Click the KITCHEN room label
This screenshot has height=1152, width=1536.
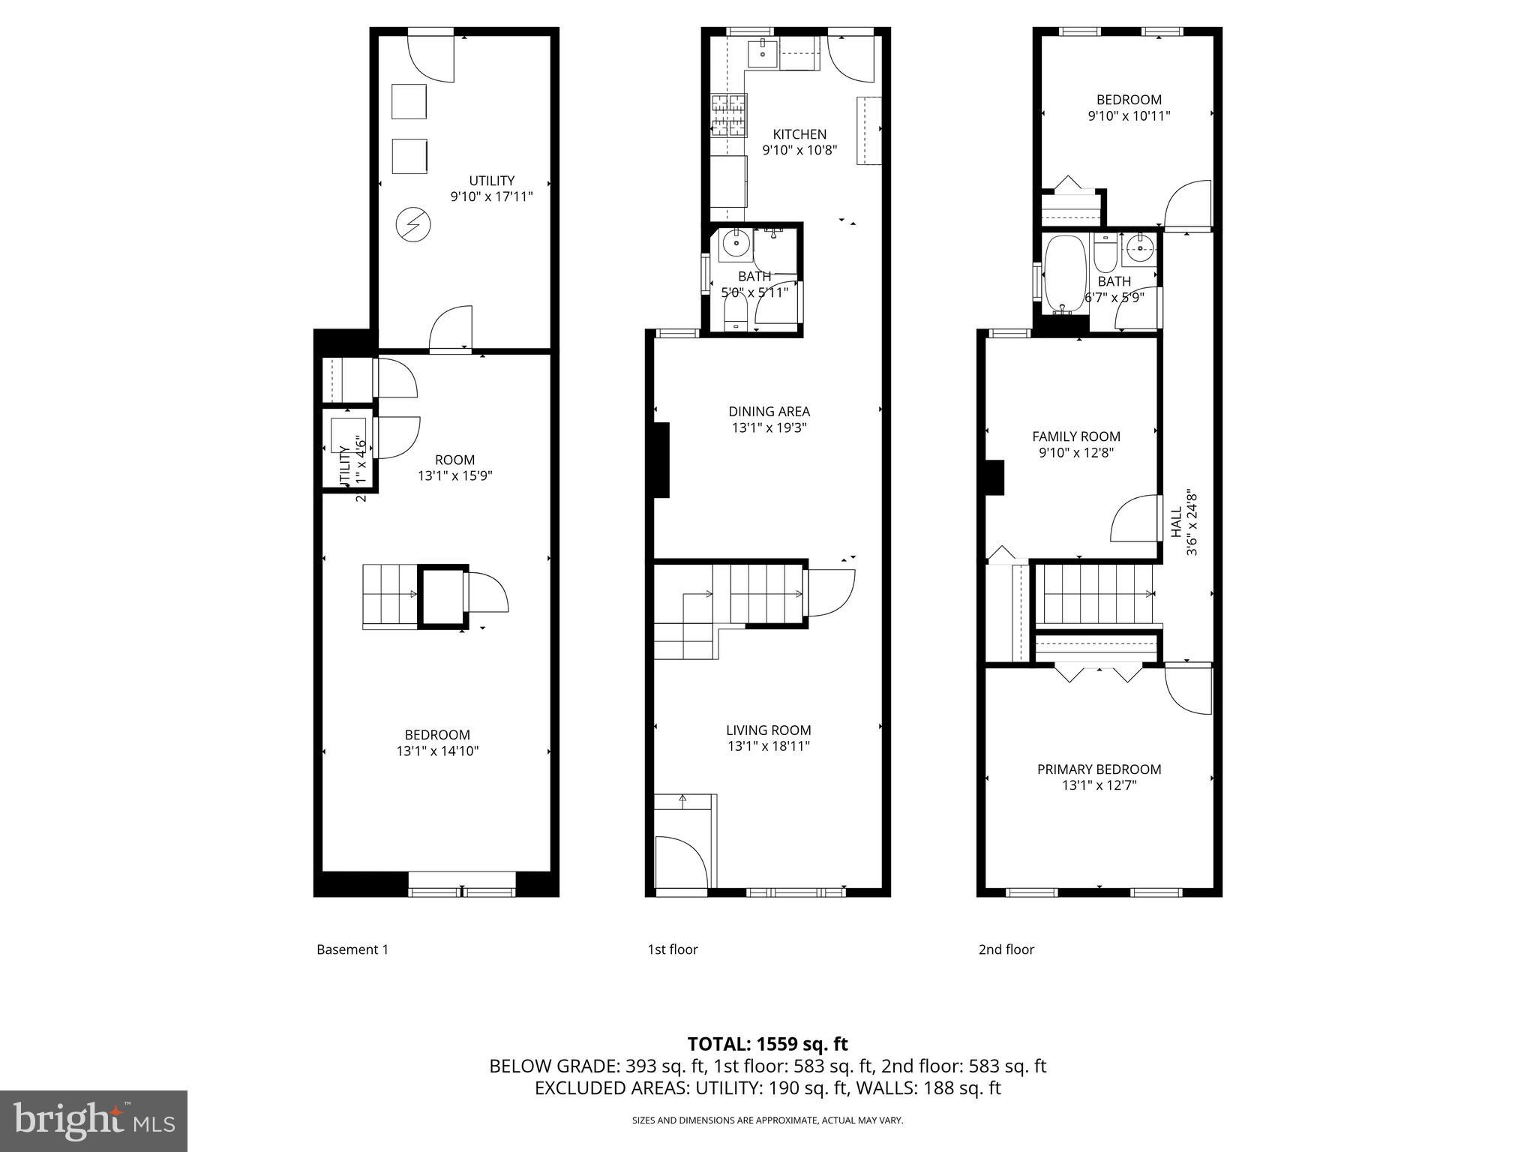pos(799,134)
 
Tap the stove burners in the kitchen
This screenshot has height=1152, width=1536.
pos(729,115)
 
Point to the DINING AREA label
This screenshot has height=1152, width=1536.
pos(769,411)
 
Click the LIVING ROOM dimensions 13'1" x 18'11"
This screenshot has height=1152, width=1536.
pos(769,746)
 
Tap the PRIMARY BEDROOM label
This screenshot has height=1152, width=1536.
pos(1099,769)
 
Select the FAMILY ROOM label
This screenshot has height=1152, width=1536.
pos(1075,436)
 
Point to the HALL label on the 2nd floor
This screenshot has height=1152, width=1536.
pos(1175,523)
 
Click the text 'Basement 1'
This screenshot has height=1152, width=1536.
pos(352,949)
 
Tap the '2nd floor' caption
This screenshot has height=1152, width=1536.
pos(1006,949)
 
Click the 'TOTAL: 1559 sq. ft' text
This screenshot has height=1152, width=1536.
pos(767,1044)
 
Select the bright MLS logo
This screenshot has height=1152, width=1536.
pos(94,1120)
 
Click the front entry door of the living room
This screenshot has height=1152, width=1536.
pos(680,862)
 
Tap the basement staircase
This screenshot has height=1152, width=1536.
pos(390,596)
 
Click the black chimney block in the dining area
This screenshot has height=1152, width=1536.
pos(660,460)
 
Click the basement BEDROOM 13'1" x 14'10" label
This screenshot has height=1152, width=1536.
pos(437,742)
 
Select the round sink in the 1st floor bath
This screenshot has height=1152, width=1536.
pos(736,244)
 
